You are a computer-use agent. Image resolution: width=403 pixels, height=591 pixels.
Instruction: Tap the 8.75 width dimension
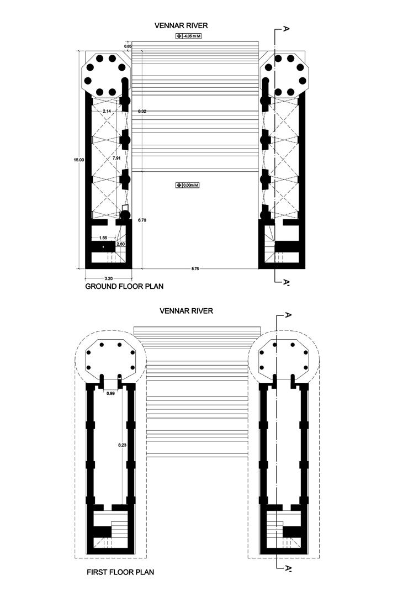[195, 269]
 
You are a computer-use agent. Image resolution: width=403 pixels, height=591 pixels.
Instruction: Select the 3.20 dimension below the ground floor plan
[108, 278]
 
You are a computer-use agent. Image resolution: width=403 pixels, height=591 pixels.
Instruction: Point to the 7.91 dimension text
[116, 158]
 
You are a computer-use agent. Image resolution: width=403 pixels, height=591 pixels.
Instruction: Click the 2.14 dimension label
[107, 112]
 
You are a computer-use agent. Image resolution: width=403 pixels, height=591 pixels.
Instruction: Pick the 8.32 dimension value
[142, 112]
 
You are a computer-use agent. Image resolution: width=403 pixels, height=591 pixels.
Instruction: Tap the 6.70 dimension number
[142, 220]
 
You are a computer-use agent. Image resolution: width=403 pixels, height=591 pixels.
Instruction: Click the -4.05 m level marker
[187, 36]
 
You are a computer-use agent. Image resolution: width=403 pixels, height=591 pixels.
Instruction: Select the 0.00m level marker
[187, 185]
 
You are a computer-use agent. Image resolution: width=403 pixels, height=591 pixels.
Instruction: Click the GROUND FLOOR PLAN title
[124, 287]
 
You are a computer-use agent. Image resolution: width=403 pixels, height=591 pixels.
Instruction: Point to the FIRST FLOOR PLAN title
[120, 573]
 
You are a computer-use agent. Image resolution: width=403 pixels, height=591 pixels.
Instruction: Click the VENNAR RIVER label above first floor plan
[186, 311]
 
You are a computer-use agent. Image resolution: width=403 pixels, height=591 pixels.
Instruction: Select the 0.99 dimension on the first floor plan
[111, 393]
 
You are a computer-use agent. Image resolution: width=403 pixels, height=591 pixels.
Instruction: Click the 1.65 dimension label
[103, 238]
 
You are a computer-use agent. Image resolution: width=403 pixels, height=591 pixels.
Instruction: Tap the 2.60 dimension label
[120, 244]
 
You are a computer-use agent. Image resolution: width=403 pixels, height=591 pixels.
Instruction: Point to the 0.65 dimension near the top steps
[128, 46]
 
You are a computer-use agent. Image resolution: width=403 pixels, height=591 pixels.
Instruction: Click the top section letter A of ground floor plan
[285, 29]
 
